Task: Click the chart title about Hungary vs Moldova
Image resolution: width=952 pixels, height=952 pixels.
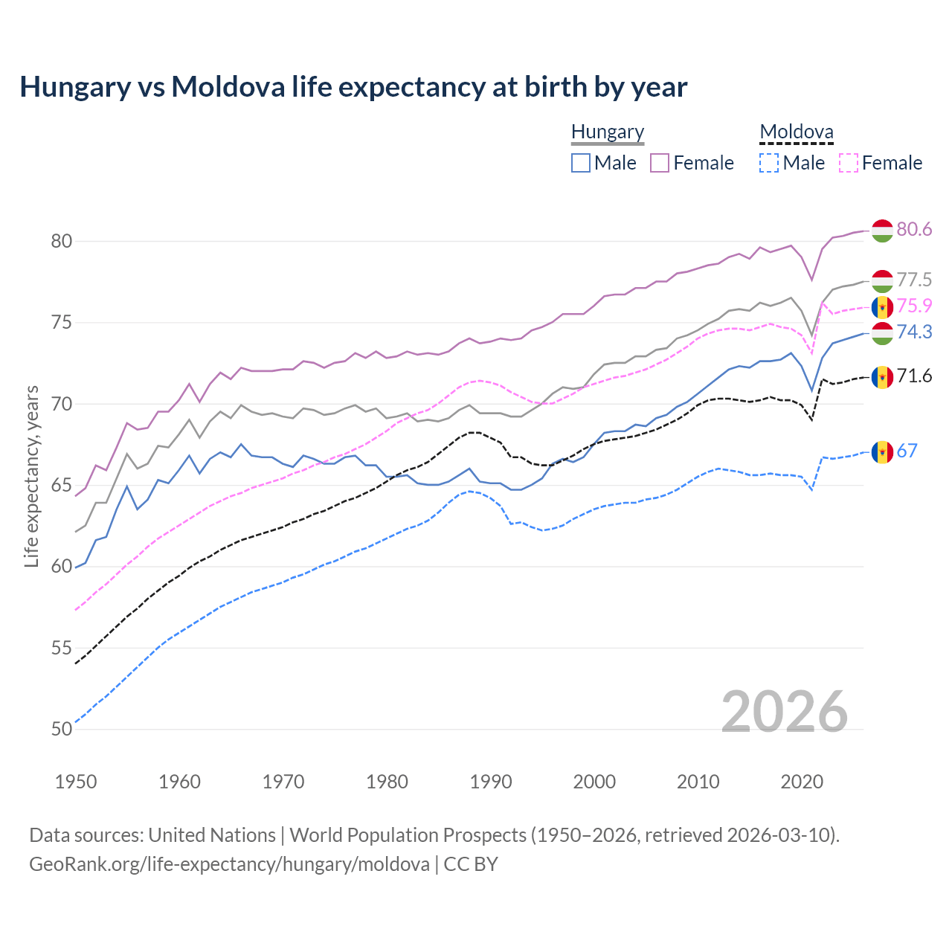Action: [x=353, y=87]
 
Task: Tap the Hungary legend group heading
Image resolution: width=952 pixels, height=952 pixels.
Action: [x=608, y=132]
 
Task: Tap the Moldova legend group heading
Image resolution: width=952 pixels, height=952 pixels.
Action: [x=797, y=132]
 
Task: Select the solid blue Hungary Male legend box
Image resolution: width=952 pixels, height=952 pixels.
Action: [x=581, y=163]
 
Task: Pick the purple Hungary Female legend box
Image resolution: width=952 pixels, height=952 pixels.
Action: [x=660, y=163]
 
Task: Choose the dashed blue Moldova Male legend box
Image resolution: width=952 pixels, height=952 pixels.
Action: [x=769, y=163]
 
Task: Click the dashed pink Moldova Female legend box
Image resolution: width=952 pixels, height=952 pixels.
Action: [x=849, y=163]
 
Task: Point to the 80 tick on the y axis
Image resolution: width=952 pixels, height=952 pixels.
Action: [x=62, y=241]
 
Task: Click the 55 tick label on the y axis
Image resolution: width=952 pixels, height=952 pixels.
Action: [x=62, y=648]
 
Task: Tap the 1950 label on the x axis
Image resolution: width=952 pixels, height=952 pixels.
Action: [x=76, y=782]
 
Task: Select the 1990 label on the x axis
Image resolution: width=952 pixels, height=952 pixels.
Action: [x=491, y=782]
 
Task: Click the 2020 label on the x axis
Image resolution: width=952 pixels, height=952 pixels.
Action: [x=802, y=782]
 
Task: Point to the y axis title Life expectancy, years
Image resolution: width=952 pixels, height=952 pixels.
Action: [x=31, y=476]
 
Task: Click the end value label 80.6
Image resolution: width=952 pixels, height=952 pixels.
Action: [x=914, y=229]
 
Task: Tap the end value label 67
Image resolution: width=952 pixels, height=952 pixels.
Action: [x=907, y=451]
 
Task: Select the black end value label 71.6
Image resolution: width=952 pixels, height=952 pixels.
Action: [x=914, y=376]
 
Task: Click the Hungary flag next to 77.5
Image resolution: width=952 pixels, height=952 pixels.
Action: [x=882, y=281]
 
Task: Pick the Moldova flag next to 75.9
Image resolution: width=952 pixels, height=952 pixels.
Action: [x=882, y=306]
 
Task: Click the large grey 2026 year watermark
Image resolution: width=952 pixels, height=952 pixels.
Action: [x=784, y=712]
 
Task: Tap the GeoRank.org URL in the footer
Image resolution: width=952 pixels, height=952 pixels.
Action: [x=229, y=864]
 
